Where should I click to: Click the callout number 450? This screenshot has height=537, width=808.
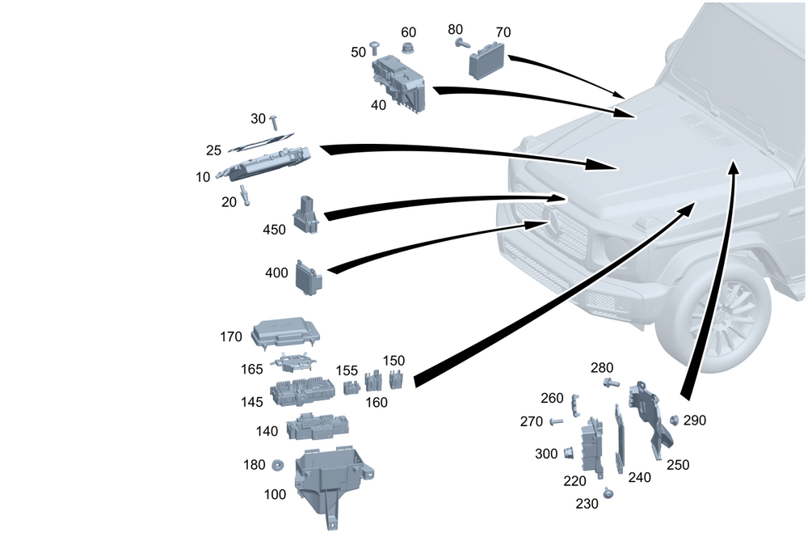pos(275,230)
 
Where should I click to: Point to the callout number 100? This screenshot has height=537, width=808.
pos(275,494)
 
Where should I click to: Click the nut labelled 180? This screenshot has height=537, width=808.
pos(276,465)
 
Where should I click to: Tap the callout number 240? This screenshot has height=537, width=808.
pos(639,477)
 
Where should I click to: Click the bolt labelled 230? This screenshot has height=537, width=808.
pos(608,492)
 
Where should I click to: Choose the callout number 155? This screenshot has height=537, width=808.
pos(347,371)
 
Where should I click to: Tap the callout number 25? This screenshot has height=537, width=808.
pos(213,150)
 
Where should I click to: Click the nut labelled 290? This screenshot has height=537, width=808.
pos(673,420)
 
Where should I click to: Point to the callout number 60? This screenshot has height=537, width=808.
pos(409,32)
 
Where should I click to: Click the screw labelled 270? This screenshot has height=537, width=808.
pos(555,421)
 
